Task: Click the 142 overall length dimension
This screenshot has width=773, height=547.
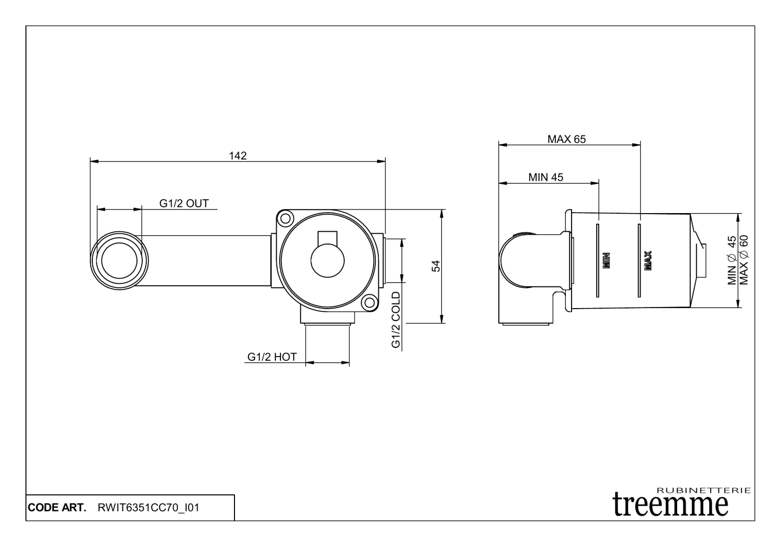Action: (238, 155)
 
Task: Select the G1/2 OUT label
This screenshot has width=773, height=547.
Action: (184, 203)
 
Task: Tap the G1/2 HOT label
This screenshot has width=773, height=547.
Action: (272, 357)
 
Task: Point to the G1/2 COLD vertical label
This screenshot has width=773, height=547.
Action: (396, 320)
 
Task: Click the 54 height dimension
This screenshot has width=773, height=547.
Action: (435, 266)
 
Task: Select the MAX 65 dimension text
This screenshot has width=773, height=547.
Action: (566, 139)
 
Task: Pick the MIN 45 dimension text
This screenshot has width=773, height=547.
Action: (546, 177)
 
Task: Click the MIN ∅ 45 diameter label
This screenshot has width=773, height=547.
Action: (732, 261)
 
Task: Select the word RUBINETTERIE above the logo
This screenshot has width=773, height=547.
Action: (704, 490)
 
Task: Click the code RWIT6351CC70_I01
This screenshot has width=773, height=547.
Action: (148, 508)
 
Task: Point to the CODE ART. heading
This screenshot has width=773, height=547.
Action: (57, 508)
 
